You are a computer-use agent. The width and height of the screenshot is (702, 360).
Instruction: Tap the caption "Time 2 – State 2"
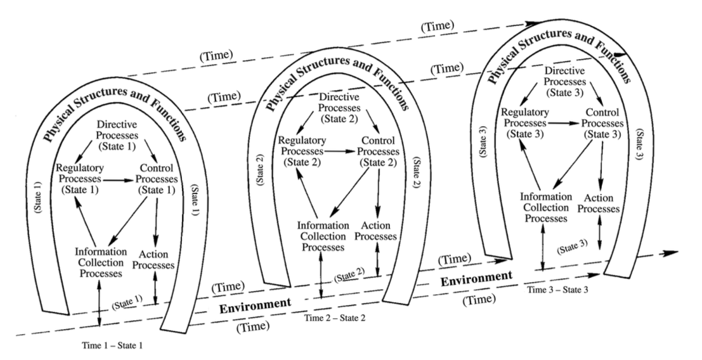tap(335, 316)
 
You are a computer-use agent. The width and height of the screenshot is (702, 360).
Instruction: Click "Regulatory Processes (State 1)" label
tap(79, 179)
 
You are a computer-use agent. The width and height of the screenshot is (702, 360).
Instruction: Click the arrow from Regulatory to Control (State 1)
tap(120, 180)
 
